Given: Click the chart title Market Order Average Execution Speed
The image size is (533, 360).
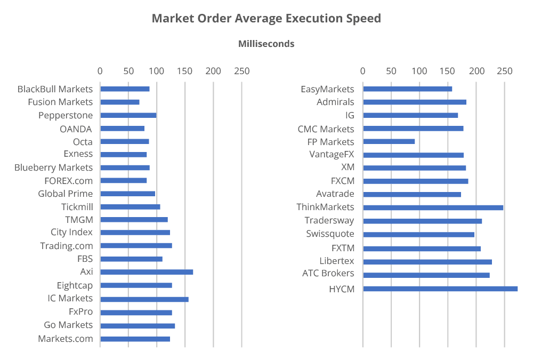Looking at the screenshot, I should pos(266,18).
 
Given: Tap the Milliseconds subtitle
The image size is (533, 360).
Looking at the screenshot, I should pos(266,44).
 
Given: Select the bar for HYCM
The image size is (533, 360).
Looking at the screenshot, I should pos(440,289).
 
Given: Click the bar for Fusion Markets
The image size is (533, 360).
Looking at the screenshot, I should pos(120,102).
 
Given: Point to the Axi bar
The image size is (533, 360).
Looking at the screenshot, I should pos(147,272).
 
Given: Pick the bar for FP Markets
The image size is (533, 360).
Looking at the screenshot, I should pos(389,141).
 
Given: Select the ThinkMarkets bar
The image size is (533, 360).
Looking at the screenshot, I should pos(433,207).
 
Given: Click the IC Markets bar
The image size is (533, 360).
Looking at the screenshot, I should pos(144,299).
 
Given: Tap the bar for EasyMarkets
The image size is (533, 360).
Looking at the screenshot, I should pos(407,89).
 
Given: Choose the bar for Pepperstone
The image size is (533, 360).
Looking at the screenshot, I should pos(128,115).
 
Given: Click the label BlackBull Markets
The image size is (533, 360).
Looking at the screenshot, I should pos(55,89).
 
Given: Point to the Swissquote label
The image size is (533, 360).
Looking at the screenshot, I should pos(330,234).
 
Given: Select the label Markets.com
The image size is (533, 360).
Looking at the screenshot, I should pos(65,339).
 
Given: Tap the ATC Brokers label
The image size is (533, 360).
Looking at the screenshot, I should pos(328,274).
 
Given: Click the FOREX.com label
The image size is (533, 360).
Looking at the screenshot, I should pos(68,180).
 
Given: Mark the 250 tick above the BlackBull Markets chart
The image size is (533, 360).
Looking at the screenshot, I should pos(241,71).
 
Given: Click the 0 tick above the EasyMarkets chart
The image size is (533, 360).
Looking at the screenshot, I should pos(363,71).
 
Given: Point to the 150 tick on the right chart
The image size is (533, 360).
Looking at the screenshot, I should pos(448,71).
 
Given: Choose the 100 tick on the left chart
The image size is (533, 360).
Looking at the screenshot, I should pos(156,71).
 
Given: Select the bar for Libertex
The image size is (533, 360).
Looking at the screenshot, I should pos(427,262).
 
